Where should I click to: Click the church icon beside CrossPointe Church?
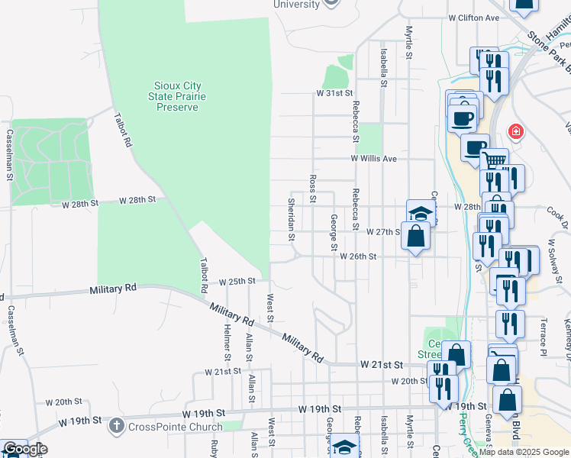[115, 424]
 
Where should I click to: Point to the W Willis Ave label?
[374, 158]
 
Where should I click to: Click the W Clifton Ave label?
[473, 18]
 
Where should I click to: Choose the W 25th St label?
[237, 281]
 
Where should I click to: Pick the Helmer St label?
[227, 343]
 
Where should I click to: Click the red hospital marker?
[516, 132]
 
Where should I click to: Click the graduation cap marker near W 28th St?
[420, 212]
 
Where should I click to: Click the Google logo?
[24, 449]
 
